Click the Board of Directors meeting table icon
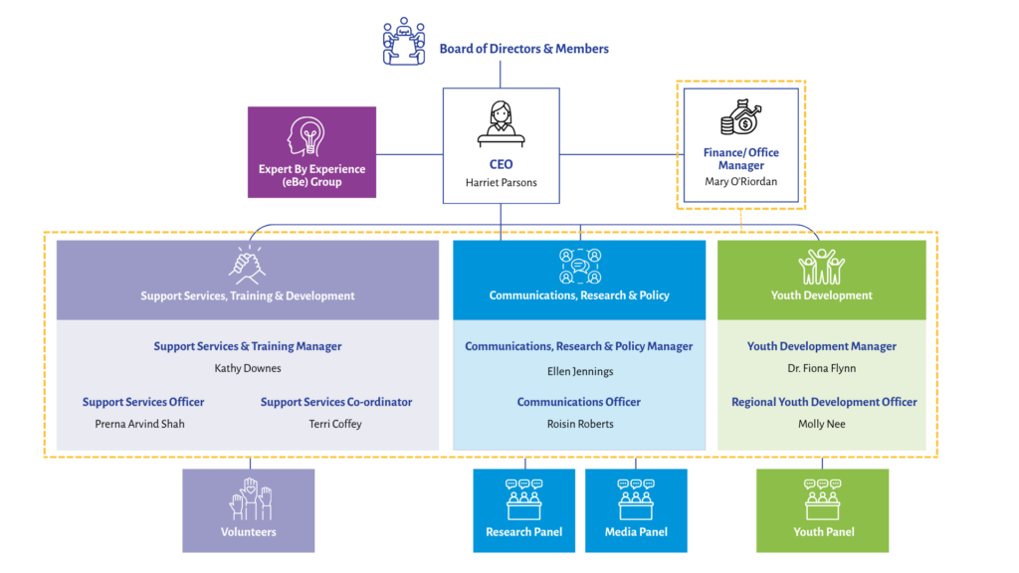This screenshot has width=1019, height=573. pos(403,42)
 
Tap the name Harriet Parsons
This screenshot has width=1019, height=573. pos(501,183)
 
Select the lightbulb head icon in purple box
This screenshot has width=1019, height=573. pos(311,136)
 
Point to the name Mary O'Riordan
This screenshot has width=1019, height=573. pos(740,182)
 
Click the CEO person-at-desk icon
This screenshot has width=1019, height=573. pos(501,123)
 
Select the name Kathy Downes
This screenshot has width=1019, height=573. pos(248,368)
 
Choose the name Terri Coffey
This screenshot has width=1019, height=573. pos(335,424)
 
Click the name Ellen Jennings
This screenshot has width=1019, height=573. pos(579,371)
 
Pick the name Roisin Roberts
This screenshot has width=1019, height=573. pos(579,424)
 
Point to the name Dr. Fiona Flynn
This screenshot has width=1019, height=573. pos(821,368)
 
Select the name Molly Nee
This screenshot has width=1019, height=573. pos(823,424)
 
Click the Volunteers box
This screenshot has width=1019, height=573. pos(248,510)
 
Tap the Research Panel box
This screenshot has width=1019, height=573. pos(523,510)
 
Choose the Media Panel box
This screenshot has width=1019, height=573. pos(636,510)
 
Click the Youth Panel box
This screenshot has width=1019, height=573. pos(823,510)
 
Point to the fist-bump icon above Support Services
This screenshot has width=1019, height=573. pos(247,266)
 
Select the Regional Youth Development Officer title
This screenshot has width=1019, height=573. pos(824,402)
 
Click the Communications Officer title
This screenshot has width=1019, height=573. pos(579,402)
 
